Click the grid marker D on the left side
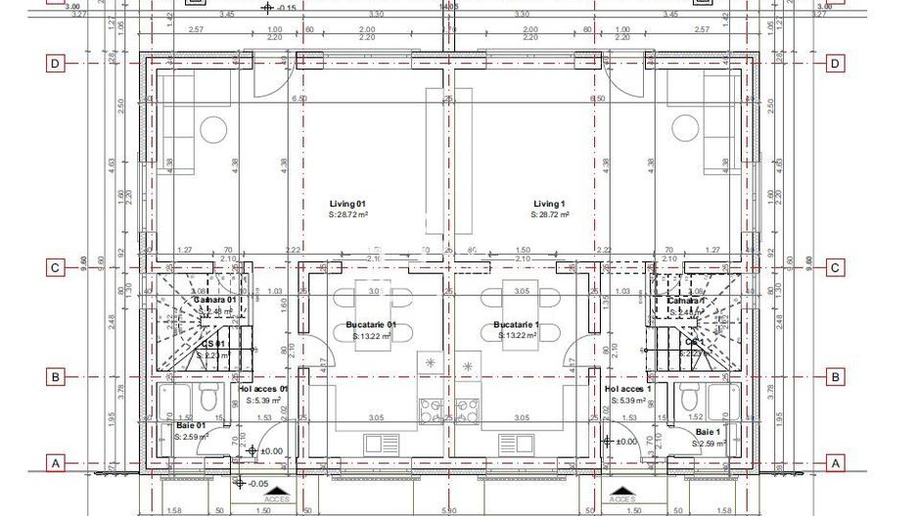click(x=57, y=64)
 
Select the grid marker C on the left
click(x=57, y=267)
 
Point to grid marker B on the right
click(x=835, y=376)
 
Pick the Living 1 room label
click(x=548, y=203)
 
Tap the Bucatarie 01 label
click(x=371, y=324)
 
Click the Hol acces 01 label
click(x=264, y=389)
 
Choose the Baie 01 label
click(x=190, y=426)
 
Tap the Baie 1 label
click(x=708, y=431)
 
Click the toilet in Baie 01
click(x=207, y=398)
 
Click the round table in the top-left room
click(x=213, y=129)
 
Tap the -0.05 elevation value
click(x=258, y=483)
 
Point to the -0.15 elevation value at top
click(x=287, y=8)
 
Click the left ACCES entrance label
click(x=279, y=498)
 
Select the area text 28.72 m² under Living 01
click(x=348, y=213)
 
